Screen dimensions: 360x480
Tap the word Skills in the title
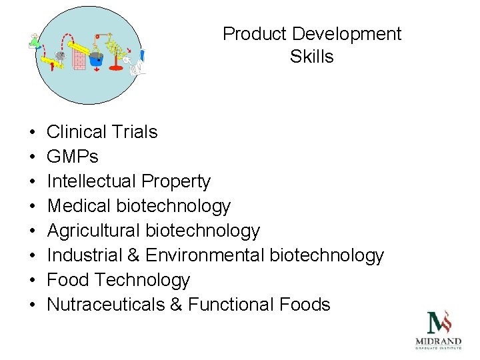coord(312,57)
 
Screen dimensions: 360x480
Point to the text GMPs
coord(73,157)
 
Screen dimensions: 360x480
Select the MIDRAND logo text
coord(438,342)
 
